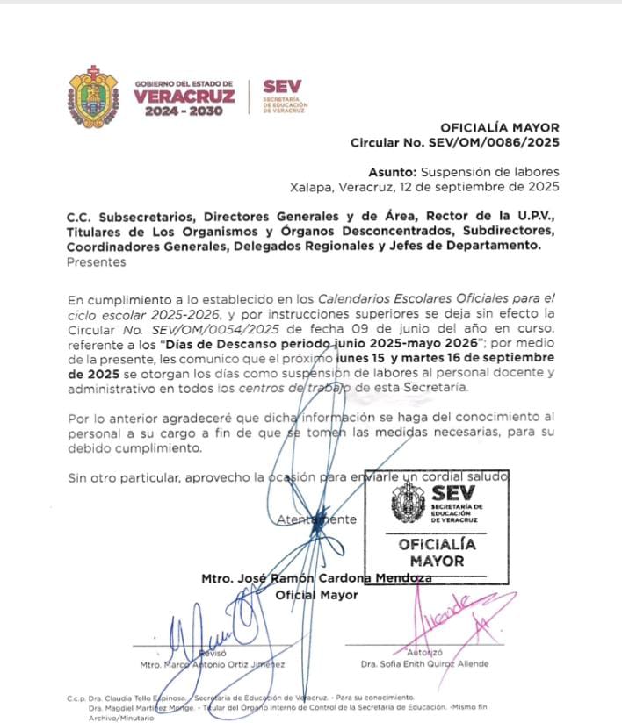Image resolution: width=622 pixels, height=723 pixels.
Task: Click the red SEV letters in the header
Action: click(x=281, y=86)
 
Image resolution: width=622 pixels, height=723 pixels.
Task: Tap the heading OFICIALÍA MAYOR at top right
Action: click(x=499, y=127)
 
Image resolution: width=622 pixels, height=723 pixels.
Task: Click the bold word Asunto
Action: click(x=393, y=172)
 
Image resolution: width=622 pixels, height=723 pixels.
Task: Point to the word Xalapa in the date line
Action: click(x=312, y=187)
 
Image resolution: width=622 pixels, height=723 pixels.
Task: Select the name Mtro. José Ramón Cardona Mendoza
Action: click(x=316, y=578)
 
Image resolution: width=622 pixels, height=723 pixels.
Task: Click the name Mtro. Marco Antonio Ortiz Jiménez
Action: click(x=213, y=665)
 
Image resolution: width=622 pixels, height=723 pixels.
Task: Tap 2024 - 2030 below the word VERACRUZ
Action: click(x=184, y=112)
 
